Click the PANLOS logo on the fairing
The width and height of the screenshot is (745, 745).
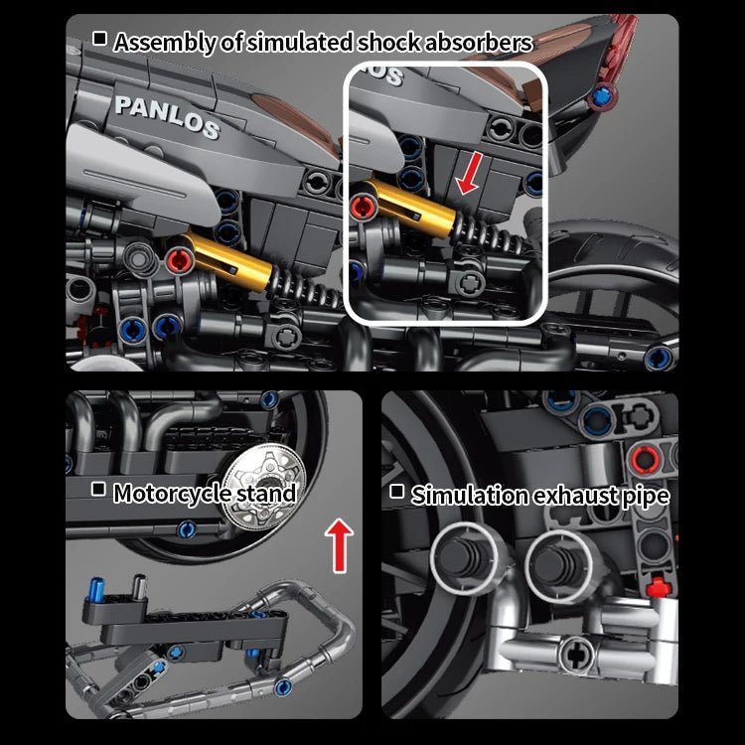point(167,117)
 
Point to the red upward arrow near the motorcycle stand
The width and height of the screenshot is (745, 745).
point(339,545)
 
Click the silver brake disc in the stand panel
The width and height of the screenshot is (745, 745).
point(264,486)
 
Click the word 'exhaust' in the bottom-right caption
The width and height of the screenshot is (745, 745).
point(574,496)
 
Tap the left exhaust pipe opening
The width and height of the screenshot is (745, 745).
point(462,559)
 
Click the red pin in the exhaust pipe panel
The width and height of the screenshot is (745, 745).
point(645,460)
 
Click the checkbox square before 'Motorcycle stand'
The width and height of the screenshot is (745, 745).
point(98,489)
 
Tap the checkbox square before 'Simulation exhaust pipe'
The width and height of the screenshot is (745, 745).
point(396,492)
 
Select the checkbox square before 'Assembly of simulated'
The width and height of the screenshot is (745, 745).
point(99,38)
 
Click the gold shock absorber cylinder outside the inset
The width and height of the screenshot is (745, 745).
point(228,263)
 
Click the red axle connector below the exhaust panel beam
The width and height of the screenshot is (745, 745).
point(659,587)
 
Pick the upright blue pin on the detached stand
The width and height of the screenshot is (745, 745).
point(97,588)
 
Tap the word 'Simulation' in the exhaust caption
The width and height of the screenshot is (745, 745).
point(470,495)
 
